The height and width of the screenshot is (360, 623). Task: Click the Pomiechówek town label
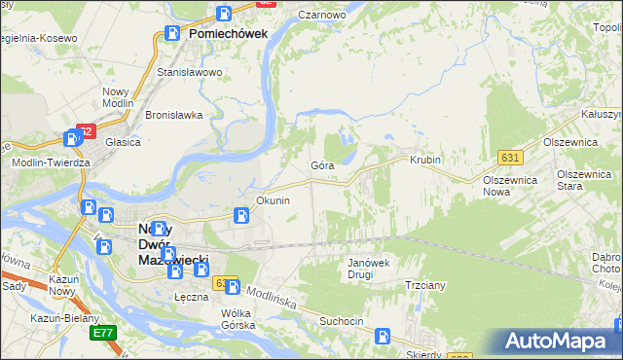[228, 33]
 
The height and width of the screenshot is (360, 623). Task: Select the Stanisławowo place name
[190, 72]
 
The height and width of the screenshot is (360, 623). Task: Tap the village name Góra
[322, 166]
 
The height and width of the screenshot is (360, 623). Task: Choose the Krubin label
[425, 160]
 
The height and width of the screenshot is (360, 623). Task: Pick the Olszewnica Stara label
[583, 180]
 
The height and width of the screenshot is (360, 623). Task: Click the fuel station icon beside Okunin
[241, 216]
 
